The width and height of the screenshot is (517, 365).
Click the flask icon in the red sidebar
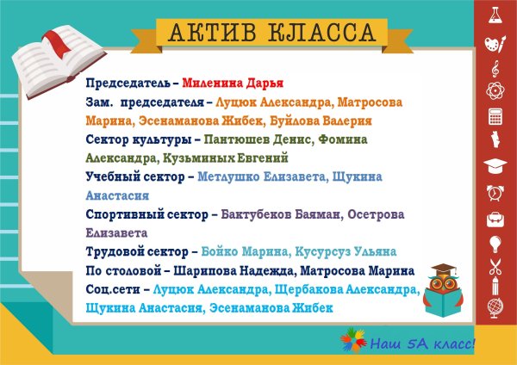pyautogui.click(x=495, y=15)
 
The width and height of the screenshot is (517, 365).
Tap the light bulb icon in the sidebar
pyautogui.click(x=495, y=243)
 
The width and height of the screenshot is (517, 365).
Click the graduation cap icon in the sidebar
pyautogui.click(x=495, y=164)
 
